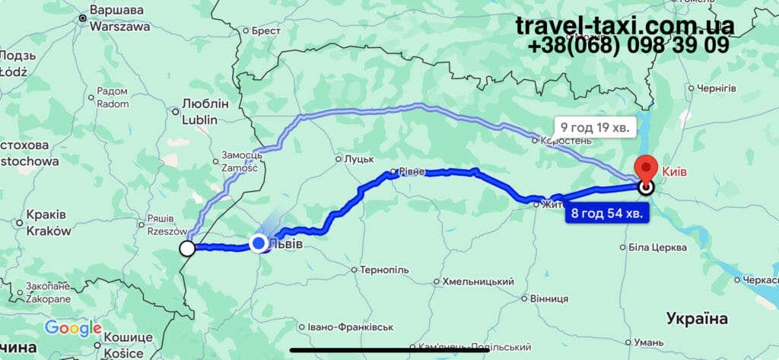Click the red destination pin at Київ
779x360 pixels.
click(x=646, y=167)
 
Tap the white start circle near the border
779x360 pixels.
click(x=186, y=248)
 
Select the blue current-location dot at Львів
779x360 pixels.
click(x=259, y=243)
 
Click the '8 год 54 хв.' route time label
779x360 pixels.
click(x=607, y=213)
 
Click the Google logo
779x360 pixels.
click(x=73, y=328)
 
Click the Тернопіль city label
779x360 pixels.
click(x=383, y=270)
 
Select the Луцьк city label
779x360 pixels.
click(x=359, y=159)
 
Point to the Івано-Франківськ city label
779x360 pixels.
click(x=350, y=327)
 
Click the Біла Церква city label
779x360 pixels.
click(x=658, y=247)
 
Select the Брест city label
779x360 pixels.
click(x=265, y=31)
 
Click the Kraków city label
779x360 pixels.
click(x=48, y=231)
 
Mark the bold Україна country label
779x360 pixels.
click(x=697, y=317)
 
